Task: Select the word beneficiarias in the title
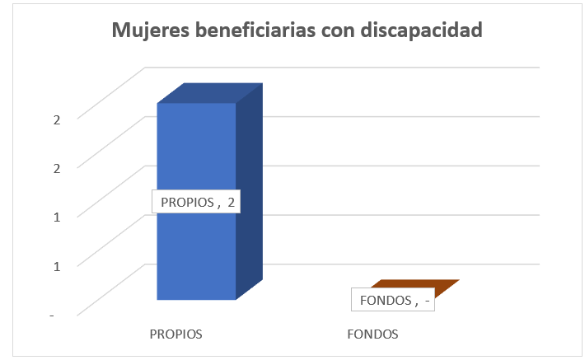pyautogui.click(x=258, y=31)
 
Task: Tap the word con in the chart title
pyautogui.click(x=346, y=31)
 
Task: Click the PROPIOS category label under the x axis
pyautogui.click(x=175, y=334)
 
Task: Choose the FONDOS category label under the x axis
pyautogui.click(x=372, y=334)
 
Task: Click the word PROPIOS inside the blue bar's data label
pyautogui.click(x=185, y=202)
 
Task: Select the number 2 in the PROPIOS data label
pyautogui.click(x=232, y=202)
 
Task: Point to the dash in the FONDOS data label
pyautogui.click(x=426, y=300)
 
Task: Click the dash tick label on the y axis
pyautogui.click(x=54, y=315)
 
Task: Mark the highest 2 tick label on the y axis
pyautogui.click(x=57, y=119)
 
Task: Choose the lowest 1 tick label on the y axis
pyautogui.click(x=57, y=265)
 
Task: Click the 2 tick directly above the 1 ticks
pyautogui.click(x=57, y=167)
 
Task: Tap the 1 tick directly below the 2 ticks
pyautogui.click(x=57, y=217)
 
